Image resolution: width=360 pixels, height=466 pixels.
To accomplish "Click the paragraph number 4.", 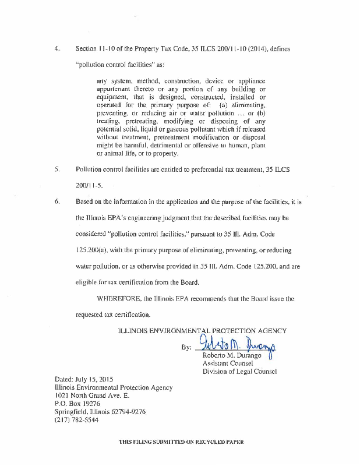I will point(57,48).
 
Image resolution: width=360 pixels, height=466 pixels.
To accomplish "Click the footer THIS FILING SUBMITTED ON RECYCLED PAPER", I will point(181,442).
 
